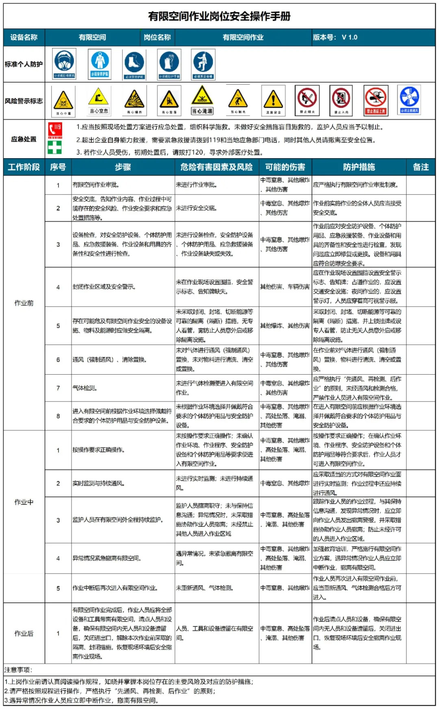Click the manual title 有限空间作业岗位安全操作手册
(x=219, y=16)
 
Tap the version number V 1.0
(x=349, y=37)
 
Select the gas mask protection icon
(x=64, y=63)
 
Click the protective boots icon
(x=134, y=64)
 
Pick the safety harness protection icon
(x=203, y=64)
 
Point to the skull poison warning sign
(x=63, y=100)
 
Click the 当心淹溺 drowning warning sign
(x=202, y=100)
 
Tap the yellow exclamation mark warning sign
(x=273, y=100)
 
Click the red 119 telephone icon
(x=55, y=130)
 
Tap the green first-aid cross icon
(x=55, y=147)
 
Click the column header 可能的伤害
(x=285, y=167)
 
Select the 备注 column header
(x=421, y=167)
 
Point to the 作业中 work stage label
(x=24, y=502)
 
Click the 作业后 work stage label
(x=24, y=633)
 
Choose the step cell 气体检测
(x=85, y=388)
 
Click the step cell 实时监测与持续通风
(x=99, y=483)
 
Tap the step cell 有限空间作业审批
(x=96, y=185)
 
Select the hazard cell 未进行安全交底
(x=196, y=208)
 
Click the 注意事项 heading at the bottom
(x=18, y=670)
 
